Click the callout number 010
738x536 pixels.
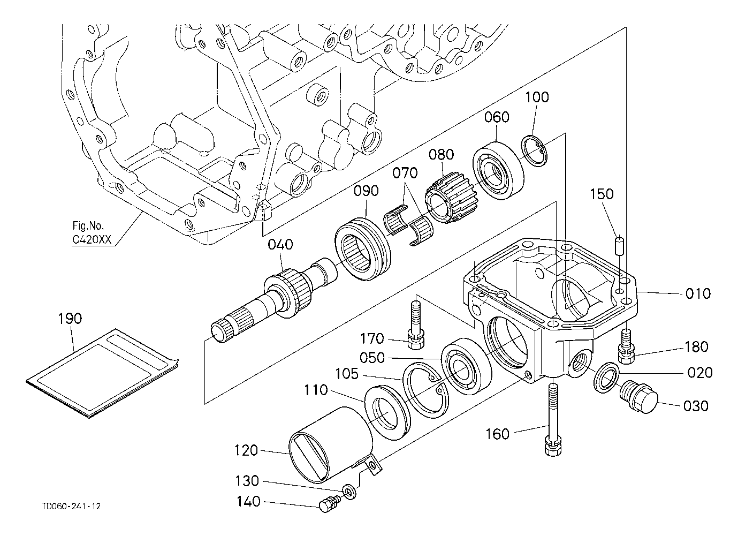tap(698, 293)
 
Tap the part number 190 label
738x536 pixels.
tap(70, 319)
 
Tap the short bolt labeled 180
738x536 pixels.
tap(625, 346)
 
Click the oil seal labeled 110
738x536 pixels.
tap(386, 410)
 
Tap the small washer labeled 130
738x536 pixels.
tap(349, 490)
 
